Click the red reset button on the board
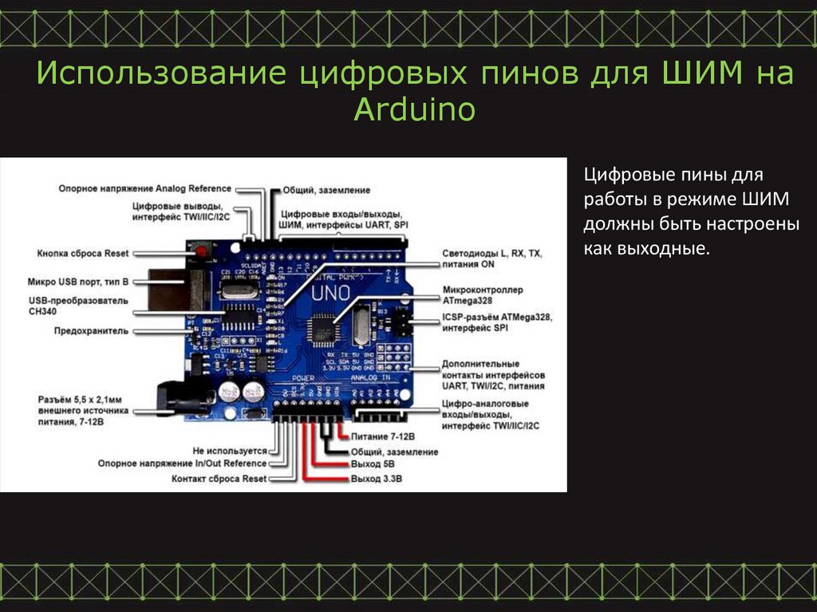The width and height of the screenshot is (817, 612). click(200, 253)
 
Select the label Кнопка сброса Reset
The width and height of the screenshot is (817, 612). click(82, 253)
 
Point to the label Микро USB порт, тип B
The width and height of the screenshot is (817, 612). click(77, 282)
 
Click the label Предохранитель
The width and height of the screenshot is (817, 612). click(91, 330)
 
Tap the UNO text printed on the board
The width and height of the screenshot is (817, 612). click(330, 293)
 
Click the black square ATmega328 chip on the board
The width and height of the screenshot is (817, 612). click(324, 325)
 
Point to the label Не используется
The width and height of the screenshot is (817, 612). click(230, 450)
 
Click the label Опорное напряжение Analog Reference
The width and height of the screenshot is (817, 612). click(144, 189)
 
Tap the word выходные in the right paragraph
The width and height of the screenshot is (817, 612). click(645, 249)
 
